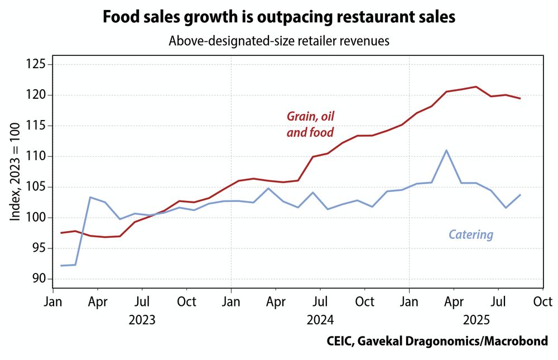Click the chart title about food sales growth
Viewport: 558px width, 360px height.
click(x=279, y=17)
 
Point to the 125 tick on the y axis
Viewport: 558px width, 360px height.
click(x=37, y=65)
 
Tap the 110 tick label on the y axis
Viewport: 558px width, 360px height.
click(x=37, y=157)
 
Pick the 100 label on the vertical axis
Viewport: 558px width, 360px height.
click(x=37, y=218)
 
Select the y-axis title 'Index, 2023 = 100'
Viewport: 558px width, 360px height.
click(x=15, y=172)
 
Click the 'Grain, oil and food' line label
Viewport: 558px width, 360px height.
click(x=310, y=124)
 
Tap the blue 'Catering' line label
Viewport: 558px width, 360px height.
click(x=471, y=234)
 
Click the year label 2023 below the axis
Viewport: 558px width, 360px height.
click(x=142, y=320)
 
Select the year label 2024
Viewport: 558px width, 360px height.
click(x=320, y=320)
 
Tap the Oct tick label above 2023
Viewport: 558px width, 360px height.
click(x=186, y=302)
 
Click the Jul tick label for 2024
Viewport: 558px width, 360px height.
click(x=320, y=302)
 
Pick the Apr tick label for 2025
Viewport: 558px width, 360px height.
click(x=454, y=302)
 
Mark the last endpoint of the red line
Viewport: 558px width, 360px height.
click(x=520, y=99)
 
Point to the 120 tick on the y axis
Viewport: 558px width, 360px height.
click(x=37, y=95)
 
